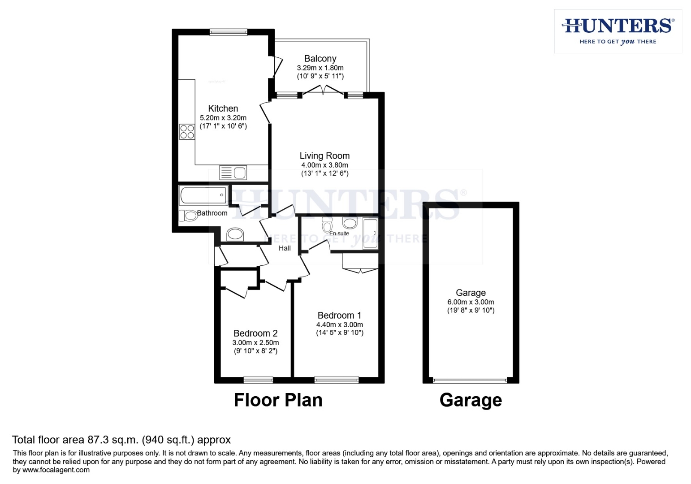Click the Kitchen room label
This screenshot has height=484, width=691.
[223, 108]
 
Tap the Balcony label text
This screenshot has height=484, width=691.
[320, 59]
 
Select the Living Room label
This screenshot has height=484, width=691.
[324, 156]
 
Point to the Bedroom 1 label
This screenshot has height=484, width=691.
[339, 315]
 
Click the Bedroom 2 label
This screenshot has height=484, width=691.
[255, 333]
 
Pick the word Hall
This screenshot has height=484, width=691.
[285, 248]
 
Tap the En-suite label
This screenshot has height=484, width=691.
[339, 233]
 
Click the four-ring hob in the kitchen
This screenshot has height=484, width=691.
[187, 132]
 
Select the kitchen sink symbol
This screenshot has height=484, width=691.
[233, 173]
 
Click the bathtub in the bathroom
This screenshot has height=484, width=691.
[203, 195]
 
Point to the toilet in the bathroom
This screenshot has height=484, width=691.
[188, 216]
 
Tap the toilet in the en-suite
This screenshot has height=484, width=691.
[327, 225]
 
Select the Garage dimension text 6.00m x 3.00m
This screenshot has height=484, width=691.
[471, 302]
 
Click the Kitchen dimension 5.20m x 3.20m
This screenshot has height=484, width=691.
[223, 118]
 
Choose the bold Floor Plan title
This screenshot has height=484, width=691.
[278, 400]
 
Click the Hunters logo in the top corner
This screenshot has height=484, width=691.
[618, 31]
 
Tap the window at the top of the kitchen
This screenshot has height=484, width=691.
[228, 32]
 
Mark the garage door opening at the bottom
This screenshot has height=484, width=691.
[470, 380]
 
